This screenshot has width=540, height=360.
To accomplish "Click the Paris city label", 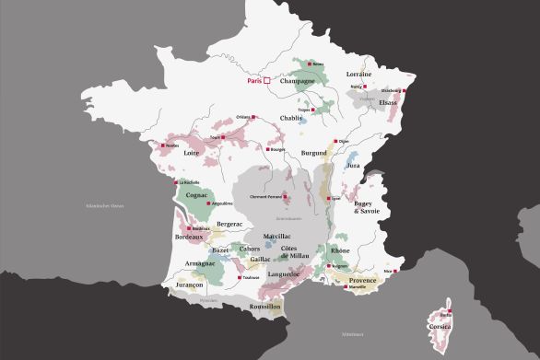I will [x=253, y=81].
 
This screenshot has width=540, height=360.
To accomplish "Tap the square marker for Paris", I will [x=267, y=81].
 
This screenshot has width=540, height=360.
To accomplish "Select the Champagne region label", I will [x=297, y=81].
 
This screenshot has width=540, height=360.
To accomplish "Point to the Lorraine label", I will [x=358, y=74].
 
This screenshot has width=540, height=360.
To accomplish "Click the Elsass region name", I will [x=389, y=102].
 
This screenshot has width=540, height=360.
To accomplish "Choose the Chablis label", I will [x=292, y=118].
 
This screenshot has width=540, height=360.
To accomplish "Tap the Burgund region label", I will [x=313, y=154].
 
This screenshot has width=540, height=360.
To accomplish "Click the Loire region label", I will [x=192, y=154].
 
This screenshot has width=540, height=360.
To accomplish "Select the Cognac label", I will [x=196, y=195].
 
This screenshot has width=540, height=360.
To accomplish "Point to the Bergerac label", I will [x=229, y=224].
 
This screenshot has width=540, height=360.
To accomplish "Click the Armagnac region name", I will [x=200, y=263].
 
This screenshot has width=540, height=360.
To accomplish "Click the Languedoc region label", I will [x=285, y=273].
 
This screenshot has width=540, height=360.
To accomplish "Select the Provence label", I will [x=363, y=280].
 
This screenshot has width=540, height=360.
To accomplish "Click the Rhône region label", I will [x=339, y=250].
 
